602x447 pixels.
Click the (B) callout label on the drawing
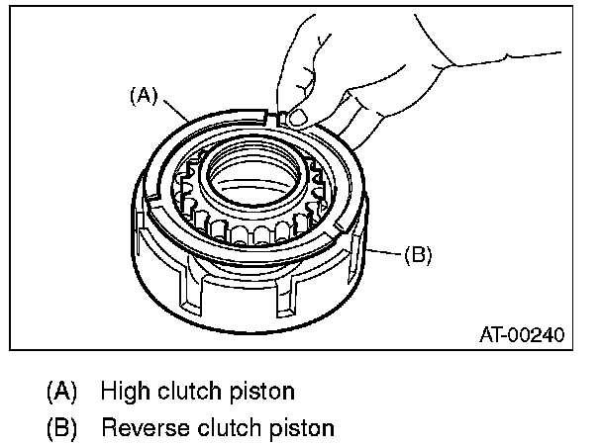tap(418, 254)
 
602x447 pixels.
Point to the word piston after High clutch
tap(265, 391)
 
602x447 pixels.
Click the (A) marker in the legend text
tap(60, 391)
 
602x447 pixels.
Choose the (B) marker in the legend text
tap(60, 429)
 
